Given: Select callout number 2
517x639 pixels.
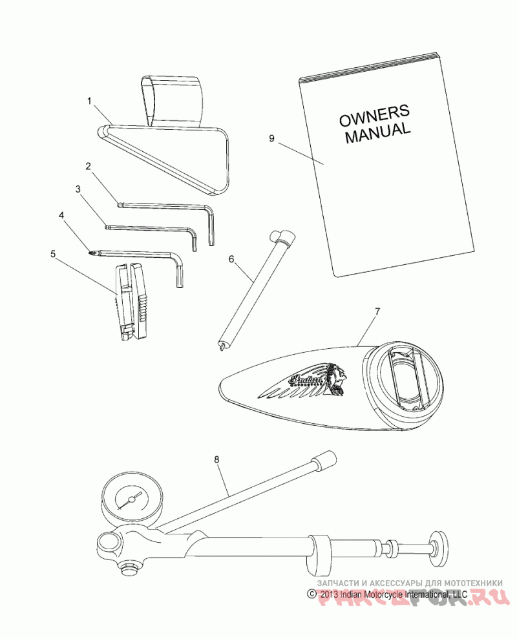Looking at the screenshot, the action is [88, 166].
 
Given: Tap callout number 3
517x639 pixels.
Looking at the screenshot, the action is [78, 189].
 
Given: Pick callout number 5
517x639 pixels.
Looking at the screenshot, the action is [53, 254].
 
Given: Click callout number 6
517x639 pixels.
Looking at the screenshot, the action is [231, 260].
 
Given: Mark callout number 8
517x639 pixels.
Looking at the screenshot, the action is [217, 460].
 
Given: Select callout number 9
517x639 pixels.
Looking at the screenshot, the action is [272, 138].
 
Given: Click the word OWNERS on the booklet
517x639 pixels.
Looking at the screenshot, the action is [371, 115].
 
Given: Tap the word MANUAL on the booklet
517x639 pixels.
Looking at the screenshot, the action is [377, 133].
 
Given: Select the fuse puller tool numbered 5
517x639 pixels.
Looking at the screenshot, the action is [132, 300].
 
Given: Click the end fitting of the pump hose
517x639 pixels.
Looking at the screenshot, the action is [322, 463].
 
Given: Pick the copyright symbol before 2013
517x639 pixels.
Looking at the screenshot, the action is [311, 594].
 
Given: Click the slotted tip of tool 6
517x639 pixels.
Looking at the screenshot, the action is [223, 348].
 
